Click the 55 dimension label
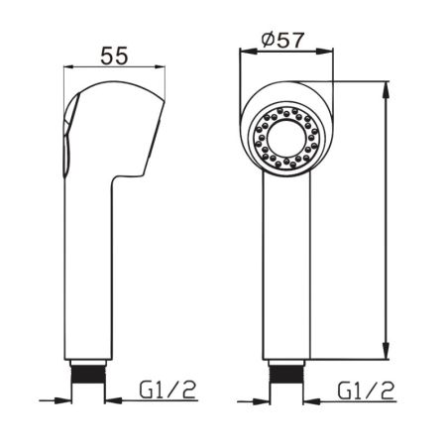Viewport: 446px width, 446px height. point(114,56)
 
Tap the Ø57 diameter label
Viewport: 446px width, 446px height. point(282,40)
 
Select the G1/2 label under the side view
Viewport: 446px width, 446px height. point(167,390)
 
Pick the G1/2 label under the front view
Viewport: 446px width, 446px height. point(366,390)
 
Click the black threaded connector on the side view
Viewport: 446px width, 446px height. point(88,374)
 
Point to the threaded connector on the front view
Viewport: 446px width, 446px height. point(286,374)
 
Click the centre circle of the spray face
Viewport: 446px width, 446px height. point(286,139)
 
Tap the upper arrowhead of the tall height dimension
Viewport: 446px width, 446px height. point(386,90)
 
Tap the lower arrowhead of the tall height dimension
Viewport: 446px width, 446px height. point(386,351)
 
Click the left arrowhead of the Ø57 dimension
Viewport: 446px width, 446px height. point(249,52)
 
